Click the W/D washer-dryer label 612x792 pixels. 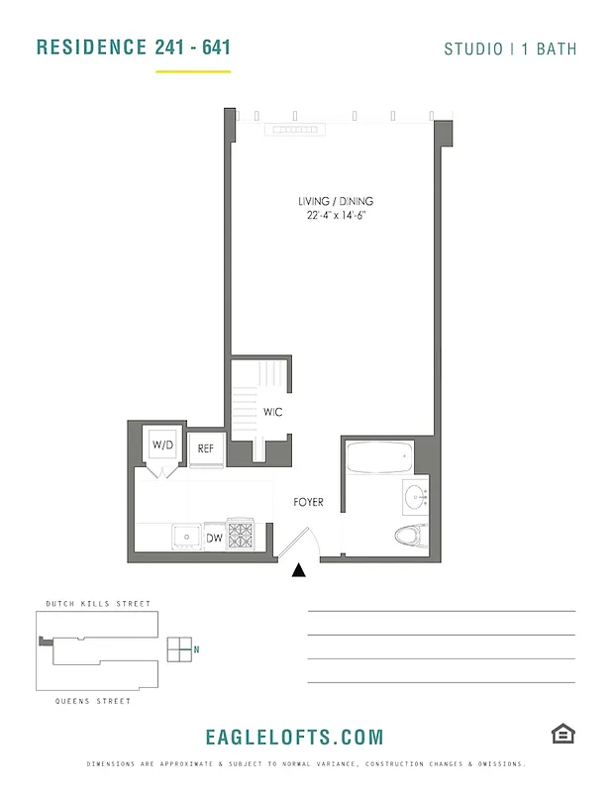(161, 445)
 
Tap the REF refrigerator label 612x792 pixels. (206, 448)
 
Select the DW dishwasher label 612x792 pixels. (214, 539)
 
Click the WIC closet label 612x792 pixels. (272, 412)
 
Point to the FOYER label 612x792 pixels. (309, 502)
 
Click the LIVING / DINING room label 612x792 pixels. (336, 201)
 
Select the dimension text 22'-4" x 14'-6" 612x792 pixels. (336, 215)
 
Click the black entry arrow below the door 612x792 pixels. (299, 569)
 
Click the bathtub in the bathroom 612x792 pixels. (379, 459)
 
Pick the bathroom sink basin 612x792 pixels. (414, 495)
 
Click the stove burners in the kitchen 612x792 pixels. (241, 536)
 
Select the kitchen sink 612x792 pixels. (186, 536)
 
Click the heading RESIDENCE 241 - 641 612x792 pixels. (134, 47)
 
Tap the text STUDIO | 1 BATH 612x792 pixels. (510, 49)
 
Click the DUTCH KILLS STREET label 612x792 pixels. (98, 603)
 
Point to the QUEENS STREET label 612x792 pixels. (93, 701)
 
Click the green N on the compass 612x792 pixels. (197, 649)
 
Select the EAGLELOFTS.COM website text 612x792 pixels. (294, 737)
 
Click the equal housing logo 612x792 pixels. (562, 734)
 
